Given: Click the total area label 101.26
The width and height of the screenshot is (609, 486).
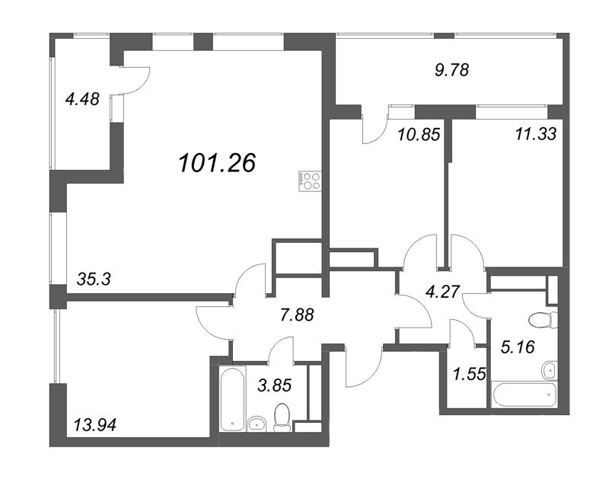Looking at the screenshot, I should click(x=216, y=162).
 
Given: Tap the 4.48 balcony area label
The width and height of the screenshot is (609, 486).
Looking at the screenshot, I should click(x=83, y=99).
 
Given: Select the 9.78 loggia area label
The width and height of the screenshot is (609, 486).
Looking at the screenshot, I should click(x=451, y=69).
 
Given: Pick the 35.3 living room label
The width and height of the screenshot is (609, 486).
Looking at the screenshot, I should click(x=94, y=279).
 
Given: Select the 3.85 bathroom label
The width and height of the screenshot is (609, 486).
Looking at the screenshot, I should click(x=294, y=385).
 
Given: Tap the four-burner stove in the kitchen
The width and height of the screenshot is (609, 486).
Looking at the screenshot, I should click(x=311, y=181).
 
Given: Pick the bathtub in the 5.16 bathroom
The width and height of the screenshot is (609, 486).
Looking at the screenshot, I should click(x=525, y=396).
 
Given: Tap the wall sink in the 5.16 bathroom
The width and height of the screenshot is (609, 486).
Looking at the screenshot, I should click(x=550, y=370).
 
